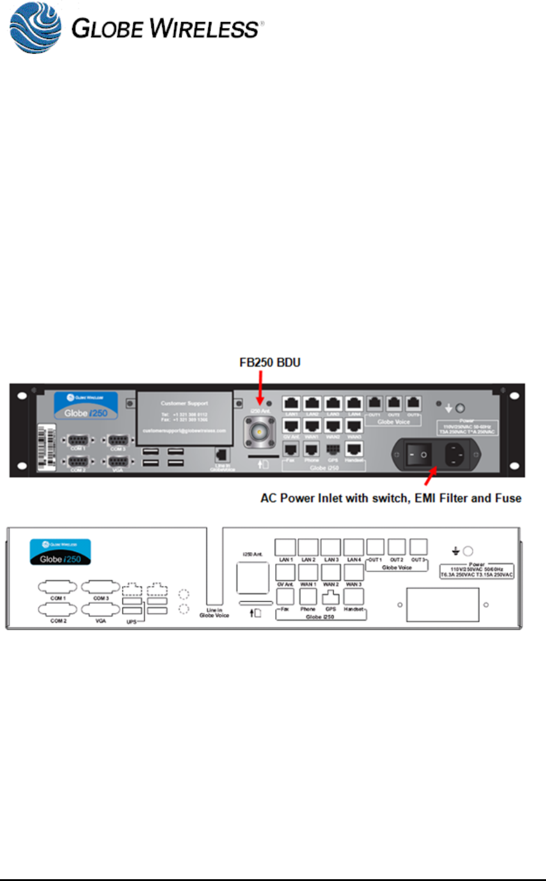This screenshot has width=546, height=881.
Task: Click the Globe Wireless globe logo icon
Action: click(35, 28)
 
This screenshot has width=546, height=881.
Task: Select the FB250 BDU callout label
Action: click(270, 362)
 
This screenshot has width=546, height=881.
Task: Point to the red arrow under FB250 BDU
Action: click(260, 386)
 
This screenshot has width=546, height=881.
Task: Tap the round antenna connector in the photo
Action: click(259, 431)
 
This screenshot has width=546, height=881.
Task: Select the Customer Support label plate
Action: click(184, 418)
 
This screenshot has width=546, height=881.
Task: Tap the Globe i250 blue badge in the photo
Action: click(86, 406)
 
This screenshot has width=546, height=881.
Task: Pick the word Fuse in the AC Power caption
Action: click(508, 498)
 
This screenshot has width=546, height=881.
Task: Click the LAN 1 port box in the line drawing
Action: click(285, 547)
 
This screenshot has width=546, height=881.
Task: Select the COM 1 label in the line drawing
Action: click(58, 598)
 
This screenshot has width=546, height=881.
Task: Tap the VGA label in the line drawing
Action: click(100, 621)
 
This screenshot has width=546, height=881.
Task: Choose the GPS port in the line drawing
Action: click(330, 597)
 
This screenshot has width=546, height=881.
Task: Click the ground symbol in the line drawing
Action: click(455, 551)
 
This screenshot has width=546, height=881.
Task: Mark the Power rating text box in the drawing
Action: click(477, 570)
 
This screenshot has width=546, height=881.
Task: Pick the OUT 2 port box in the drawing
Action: click(396, 547)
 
